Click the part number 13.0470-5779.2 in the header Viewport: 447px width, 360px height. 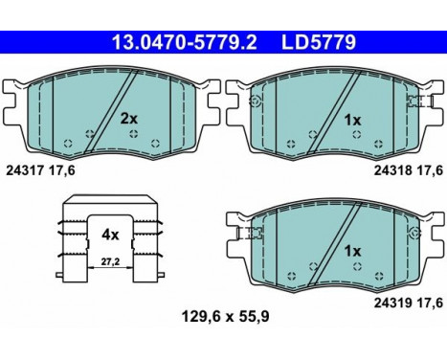point(173,42)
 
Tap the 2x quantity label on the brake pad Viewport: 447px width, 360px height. point(128,120)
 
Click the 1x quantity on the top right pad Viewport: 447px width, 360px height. point(351,120)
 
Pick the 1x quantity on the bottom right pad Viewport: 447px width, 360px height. point(351,251)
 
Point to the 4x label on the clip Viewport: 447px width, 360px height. point(111,233)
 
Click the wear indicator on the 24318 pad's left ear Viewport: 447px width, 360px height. point(255,101)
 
